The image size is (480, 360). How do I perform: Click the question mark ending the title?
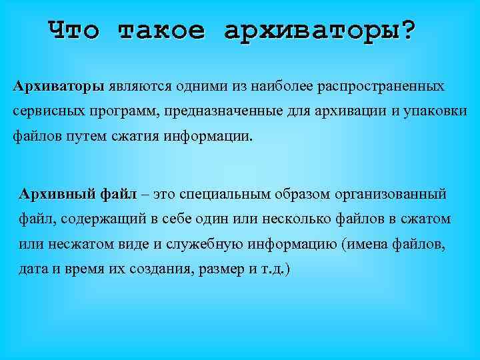407,30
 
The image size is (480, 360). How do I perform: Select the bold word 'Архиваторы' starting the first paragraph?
59,87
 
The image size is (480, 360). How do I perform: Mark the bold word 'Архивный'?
57,195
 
